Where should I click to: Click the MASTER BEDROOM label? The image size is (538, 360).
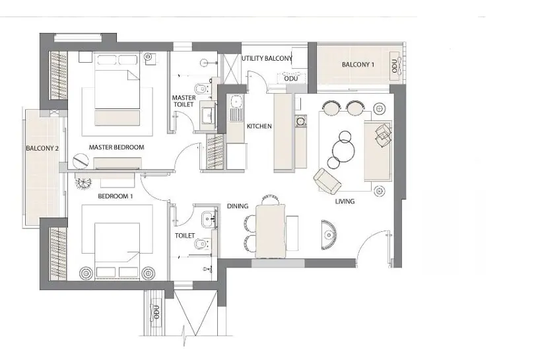(x=116, y=147)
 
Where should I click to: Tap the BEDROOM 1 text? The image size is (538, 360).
(x=116, y=197)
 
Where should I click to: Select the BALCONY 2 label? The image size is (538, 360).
(x=43, y=149)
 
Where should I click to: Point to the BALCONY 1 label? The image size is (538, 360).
(x=358, y=65)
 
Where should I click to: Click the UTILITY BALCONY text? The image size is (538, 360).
(x=267, y=59)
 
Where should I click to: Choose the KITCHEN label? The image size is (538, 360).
(x=259, y=126)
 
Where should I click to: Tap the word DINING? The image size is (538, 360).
(x=238, y=206)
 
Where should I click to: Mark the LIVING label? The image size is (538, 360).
(x=345, y=201)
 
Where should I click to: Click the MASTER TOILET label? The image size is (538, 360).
(x=184, y=102)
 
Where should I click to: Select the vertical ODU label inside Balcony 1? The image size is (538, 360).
(x=395, y=65)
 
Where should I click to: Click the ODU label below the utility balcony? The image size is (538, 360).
(x=290, y=79)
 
